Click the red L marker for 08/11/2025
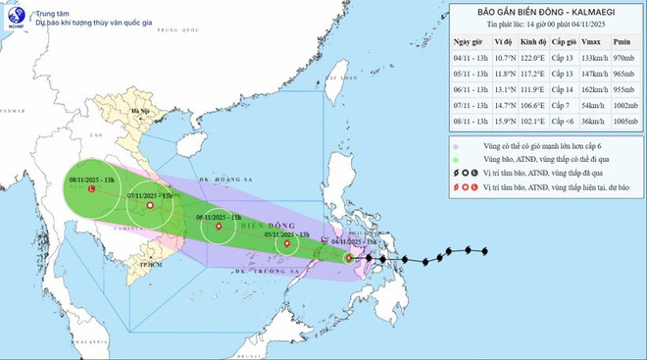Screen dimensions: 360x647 point(92,190)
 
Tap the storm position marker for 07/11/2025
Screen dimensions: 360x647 point(149,206)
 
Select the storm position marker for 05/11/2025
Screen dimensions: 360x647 point(287,243)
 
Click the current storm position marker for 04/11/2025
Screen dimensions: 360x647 point(350,258)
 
